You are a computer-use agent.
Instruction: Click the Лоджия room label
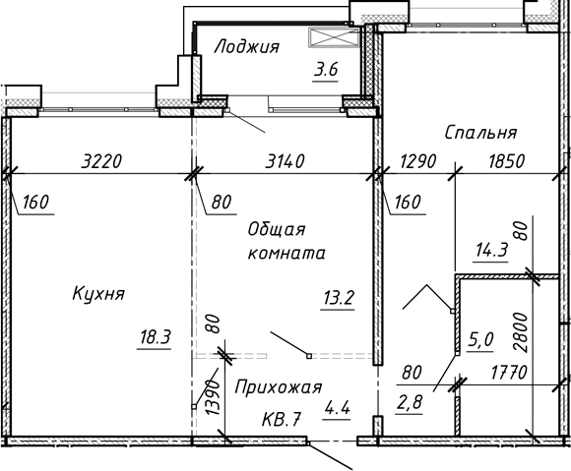pyautogui.click(x=247, y=46)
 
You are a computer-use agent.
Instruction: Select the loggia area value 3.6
pyautogui.click(x=326, y=70)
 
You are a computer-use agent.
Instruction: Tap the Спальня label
pyautogui.click(x=481, y=132)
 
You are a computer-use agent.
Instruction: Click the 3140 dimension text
pyautogui.click(x=285, y=161)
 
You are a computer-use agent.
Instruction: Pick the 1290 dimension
pyautogui.click(x=416, y=161)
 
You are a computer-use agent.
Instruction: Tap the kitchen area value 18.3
pyautogui.click(x=155, y=338)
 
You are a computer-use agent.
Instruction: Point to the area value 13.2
pyautogui.click(x=338, y=298)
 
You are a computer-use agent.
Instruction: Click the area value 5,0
pyautogui.click(x=481, y=340)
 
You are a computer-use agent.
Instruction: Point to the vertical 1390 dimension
pyautogui.click(x=210, y=398)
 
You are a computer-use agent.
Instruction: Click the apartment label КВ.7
pyautogui.click(x=281, y=421)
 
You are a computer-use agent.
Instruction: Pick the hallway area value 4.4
pyautogui.click(x=336, y=414)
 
